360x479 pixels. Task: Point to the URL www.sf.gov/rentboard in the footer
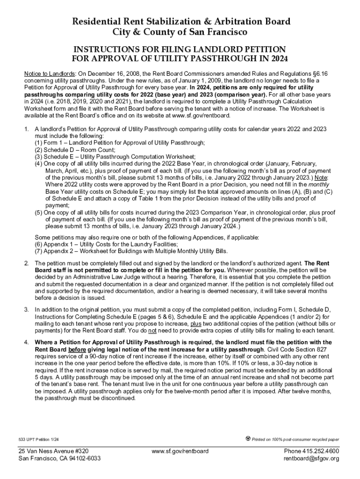pyautogui.click(x=180, y=451)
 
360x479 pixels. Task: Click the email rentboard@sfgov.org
pyautogui.click(x=311, y=458)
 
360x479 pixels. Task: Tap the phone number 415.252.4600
pyautogui.click(x=322, y=451)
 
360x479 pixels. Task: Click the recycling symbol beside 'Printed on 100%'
pyautogui.click(x=248, y=439)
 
